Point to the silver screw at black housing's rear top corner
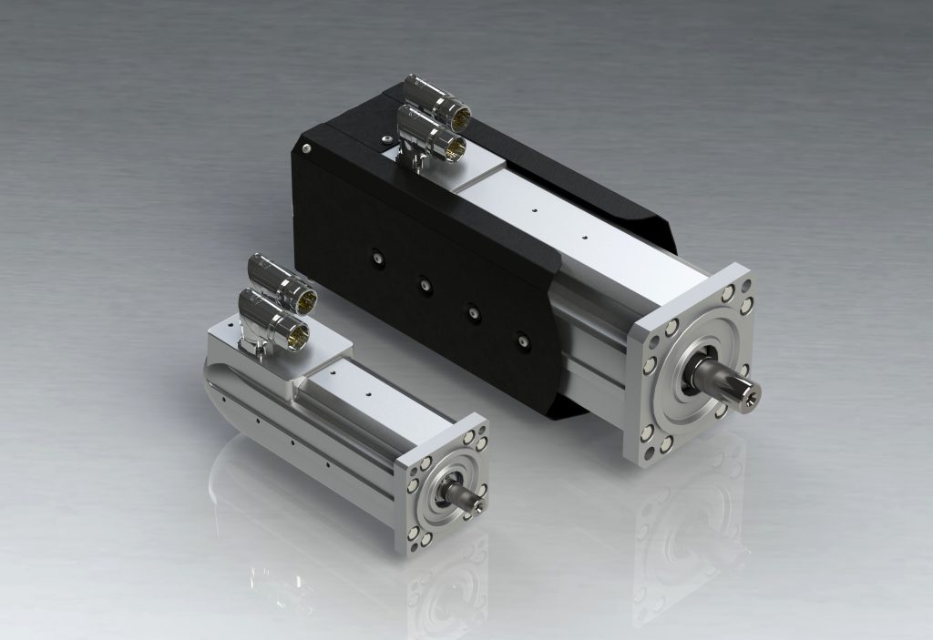(309, 148)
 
